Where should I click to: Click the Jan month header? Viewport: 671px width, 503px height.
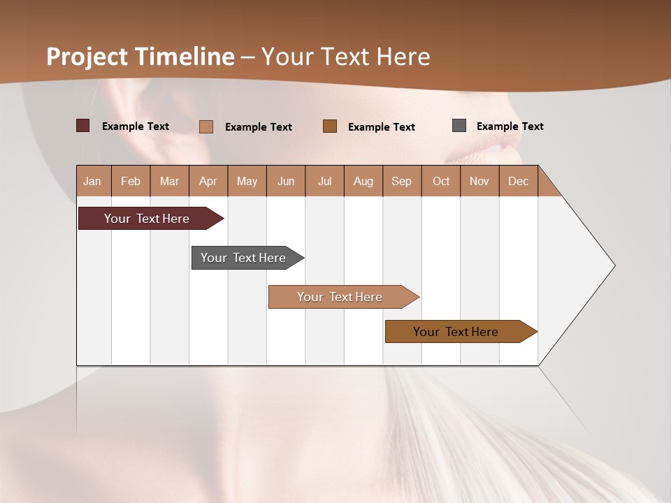coord(93,181)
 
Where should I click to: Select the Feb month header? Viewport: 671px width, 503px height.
coord(131,181)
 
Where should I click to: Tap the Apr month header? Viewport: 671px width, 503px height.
coord(208,181)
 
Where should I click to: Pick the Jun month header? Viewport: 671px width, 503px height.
coord(286,181)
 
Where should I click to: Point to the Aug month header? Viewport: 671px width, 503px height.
coord(363,181)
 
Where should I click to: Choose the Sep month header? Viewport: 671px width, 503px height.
coord(402,181)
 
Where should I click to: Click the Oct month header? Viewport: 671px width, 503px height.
coord(441,181)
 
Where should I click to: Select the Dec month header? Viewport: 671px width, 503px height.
coord(519,181)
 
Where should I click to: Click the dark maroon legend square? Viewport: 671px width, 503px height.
coord(83,126)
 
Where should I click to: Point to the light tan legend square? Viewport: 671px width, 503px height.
coord(206,126)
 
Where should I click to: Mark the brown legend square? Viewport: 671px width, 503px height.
coord(330,126)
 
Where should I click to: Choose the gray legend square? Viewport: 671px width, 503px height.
coord(459,126)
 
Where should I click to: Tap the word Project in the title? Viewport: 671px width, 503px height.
coord(87,57)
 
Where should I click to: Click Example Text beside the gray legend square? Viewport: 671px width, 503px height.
coord(510,126)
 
